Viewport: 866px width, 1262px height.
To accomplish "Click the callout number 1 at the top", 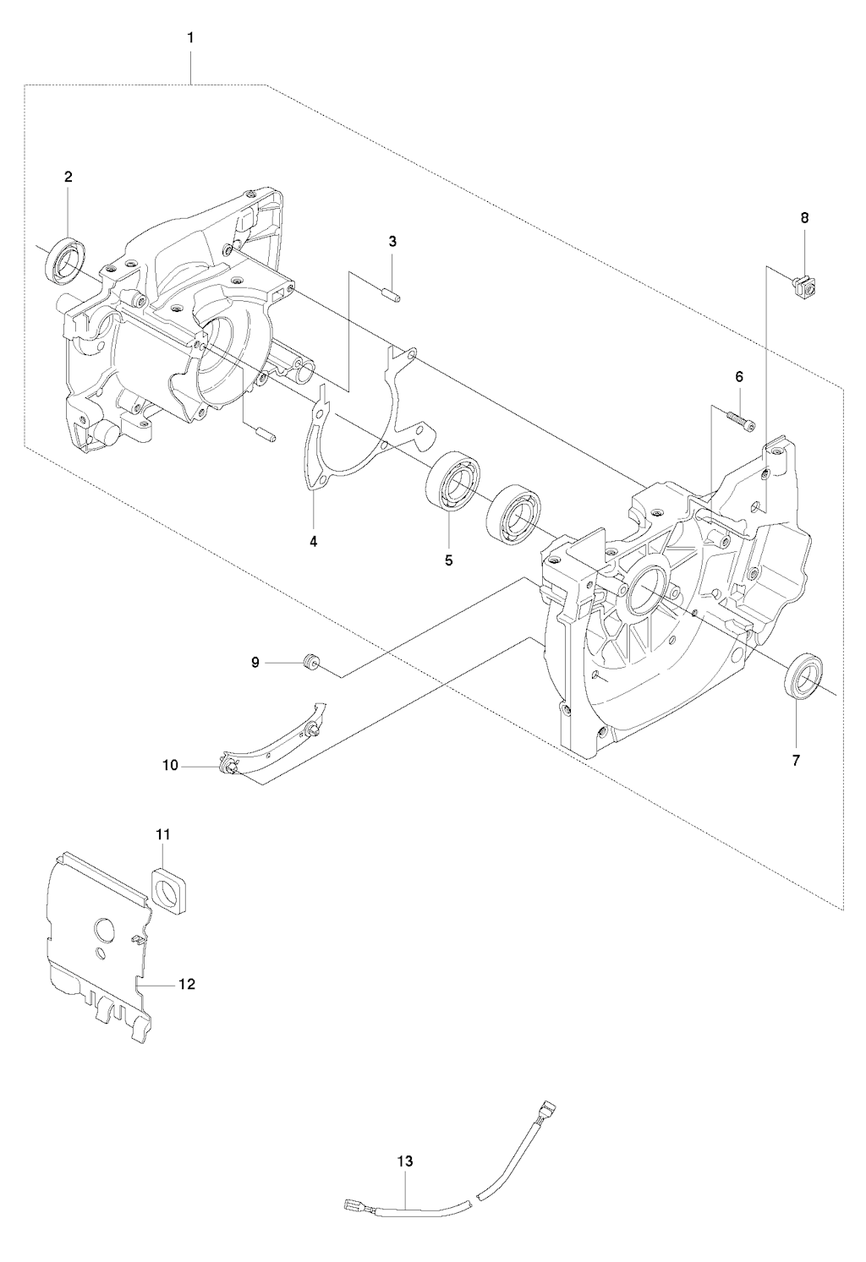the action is [x=190, y=38].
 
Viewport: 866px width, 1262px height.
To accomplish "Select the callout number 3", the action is [x=392, y=242].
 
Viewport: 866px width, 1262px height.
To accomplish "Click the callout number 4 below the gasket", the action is [x=314, y=542].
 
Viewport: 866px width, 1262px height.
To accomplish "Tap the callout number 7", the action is [x=796, y=761].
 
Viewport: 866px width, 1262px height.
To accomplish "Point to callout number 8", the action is [x=804, y=218].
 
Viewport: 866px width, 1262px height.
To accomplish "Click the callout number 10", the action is [x=170, y=765].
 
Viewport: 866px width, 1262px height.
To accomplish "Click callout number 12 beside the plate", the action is [x=187, y=984].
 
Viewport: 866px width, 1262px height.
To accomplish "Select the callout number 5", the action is [x=449, y=560].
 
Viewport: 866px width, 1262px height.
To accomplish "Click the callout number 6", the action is [x=739, y=377].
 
